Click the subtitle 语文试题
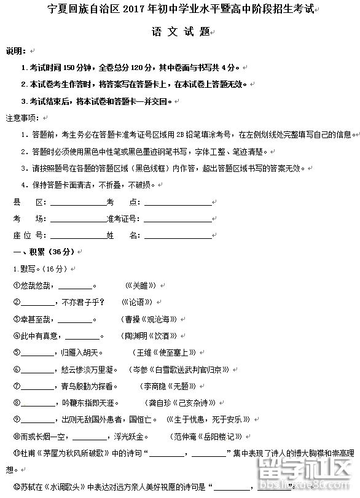(181, 32)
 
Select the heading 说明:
(15, 50)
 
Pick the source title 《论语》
(136, 302)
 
